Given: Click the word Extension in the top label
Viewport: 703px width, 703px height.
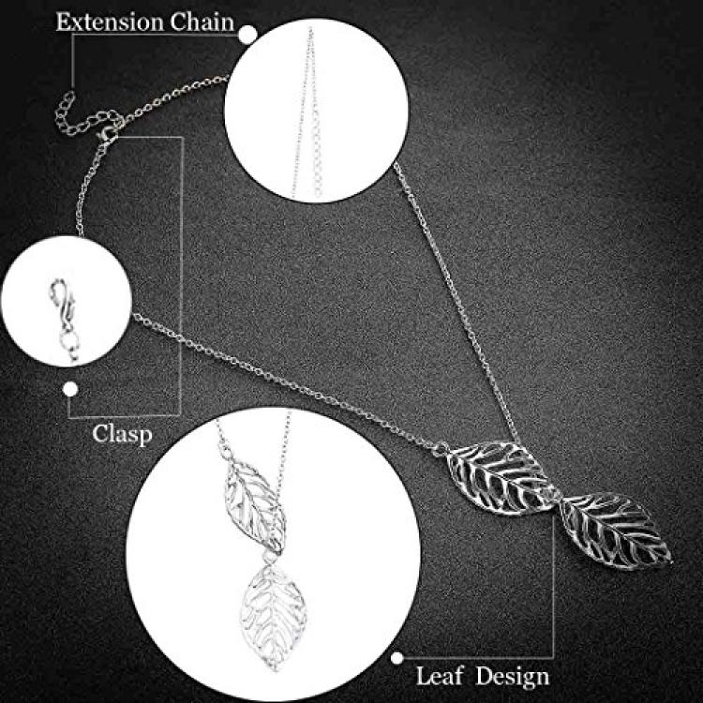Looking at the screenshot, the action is (109, 22).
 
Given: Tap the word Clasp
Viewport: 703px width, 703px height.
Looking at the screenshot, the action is (122, 434).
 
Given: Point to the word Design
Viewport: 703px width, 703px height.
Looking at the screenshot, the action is (513, 677).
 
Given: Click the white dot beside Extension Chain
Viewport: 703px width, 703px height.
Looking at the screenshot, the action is (247, 35).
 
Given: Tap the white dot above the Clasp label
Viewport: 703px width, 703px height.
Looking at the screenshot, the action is (70, 389).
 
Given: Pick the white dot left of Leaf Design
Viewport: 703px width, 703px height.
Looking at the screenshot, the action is (396, 658).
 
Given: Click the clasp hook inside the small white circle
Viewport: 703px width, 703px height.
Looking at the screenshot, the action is (62, 300).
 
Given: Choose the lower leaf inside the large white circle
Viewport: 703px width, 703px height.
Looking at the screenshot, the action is (274, 618).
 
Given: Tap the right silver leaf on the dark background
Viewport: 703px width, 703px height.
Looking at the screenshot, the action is (615, 531).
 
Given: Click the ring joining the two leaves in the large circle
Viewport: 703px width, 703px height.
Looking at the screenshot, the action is (269, 558).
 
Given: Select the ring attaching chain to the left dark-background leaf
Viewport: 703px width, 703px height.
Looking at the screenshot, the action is (441, 449).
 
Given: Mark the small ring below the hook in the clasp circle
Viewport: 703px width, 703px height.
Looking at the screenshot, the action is (69, 342).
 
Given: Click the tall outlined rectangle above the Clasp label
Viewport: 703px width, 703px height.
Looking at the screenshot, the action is (182, 277).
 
